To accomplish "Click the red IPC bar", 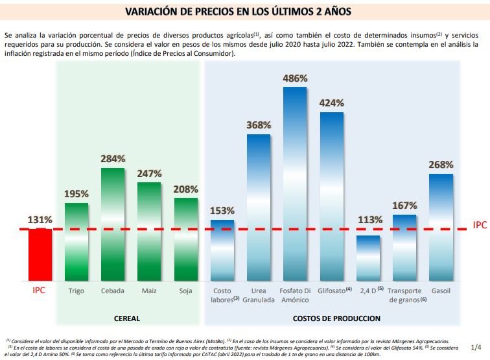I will point(40,254).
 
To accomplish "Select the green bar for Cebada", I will point(113,224).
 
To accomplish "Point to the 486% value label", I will point(295,78).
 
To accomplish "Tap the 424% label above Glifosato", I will point(331,103).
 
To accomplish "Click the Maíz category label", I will point(149,291).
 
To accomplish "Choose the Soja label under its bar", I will point(185,291).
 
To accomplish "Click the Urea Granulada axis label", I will point(259,295).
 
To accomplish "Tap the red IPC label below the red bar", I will point(40,291).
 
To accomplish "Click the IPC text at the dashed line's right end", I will point(480,224).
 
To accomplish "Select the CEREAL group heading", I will point(127,318).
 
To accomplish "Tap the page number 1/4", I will point(476,348).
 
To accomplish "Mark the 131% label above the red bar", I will point(40,220).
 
